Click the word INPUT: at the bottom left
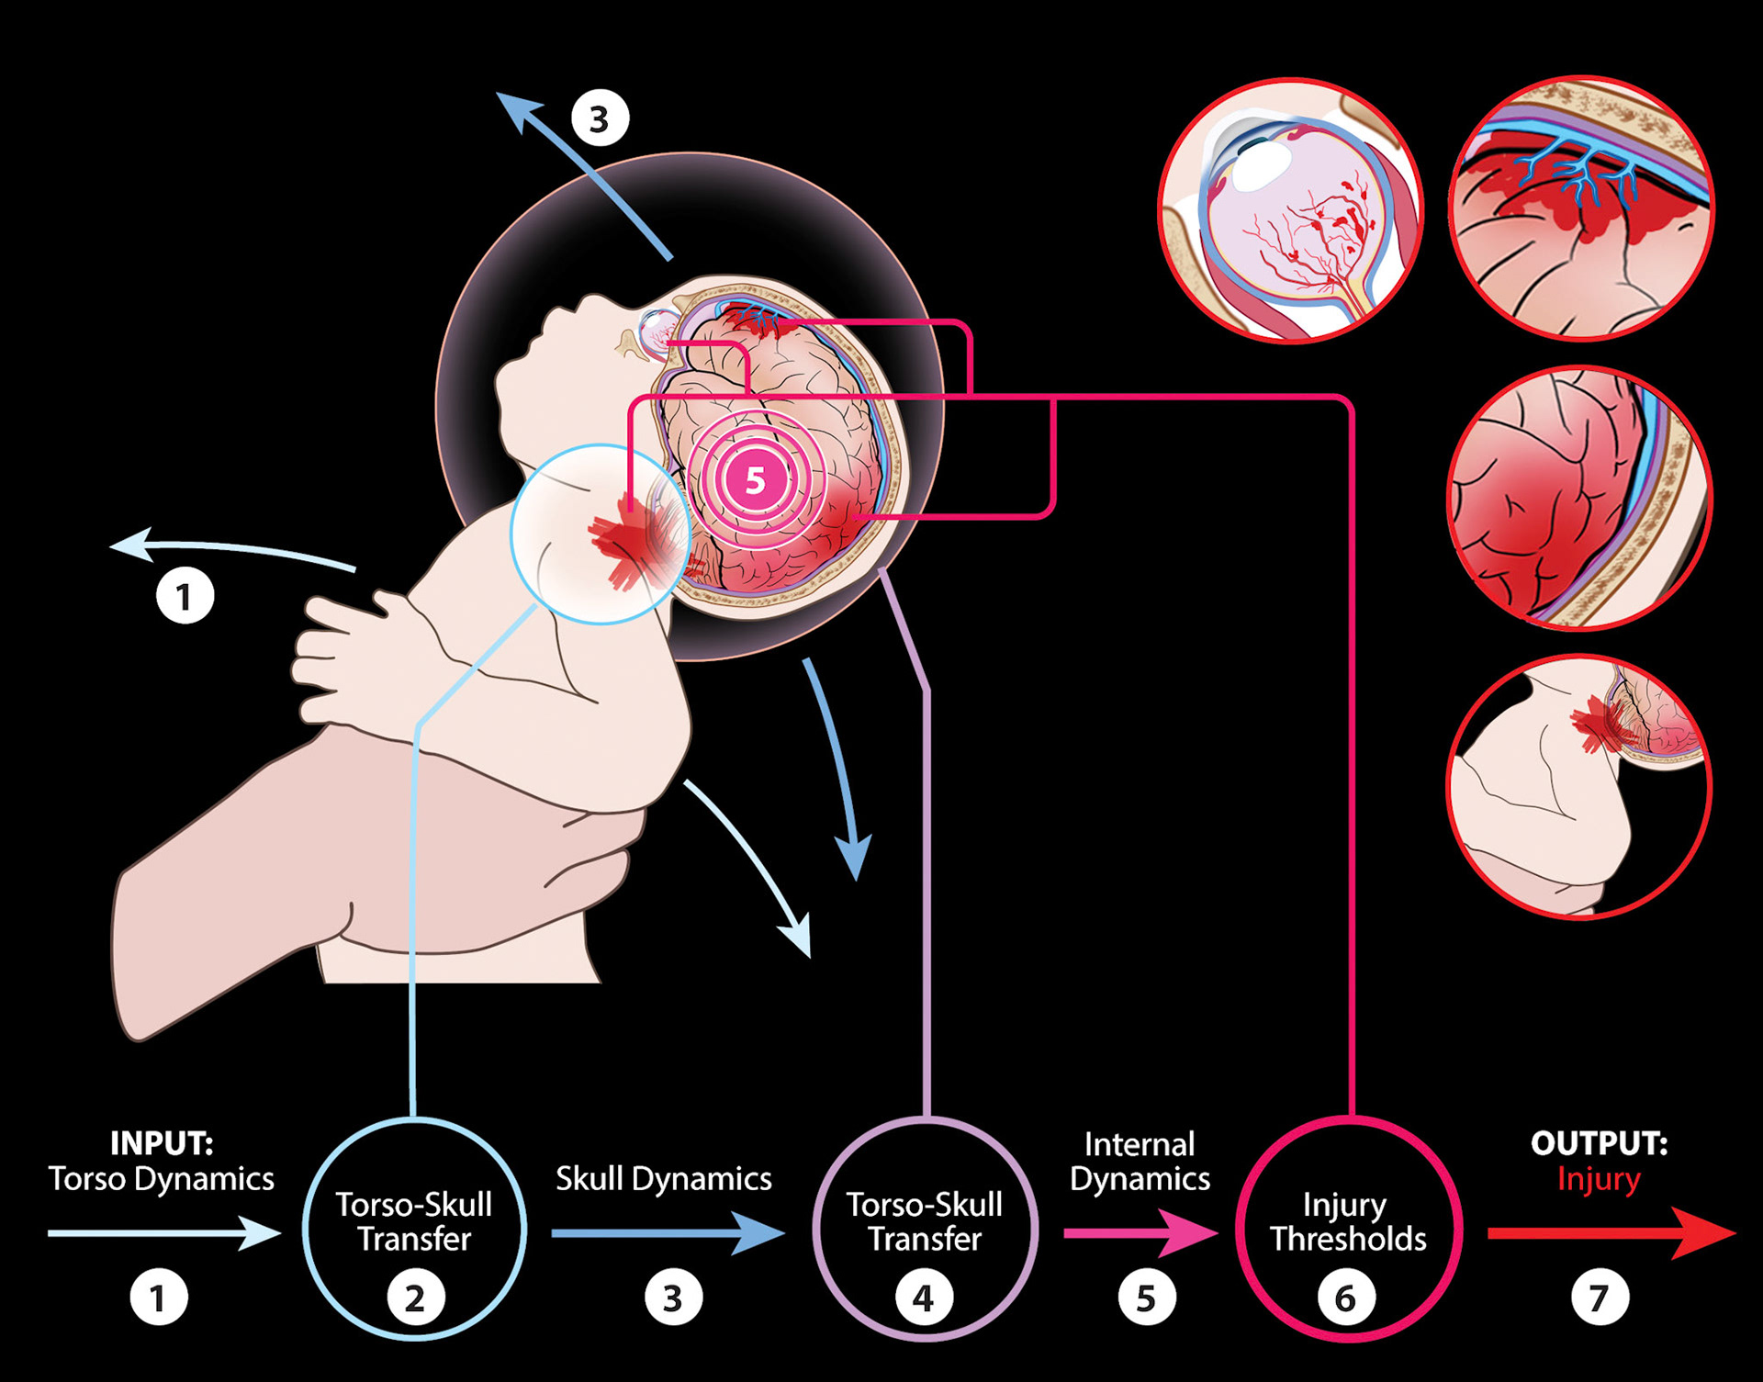[x=162, y=1143]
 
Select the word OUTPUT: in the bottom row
[x=1599, y=1143]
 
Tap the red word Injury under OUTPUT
[x=1599, y=1179]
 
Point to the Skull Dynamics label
[x=663, y=1179]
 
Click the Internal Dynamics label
[x=1140, y=1162]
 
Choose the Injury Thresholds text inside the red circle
[x=1348, y=1221]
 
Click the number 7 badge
[x=1600, y=1298]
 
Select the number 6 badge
[x=1345, y=1298]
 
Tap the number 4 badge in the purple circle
[x=924, y=1298]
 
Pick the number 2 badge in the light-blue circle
[x=415, y=1298]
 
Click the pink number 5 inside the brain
[x=755, y=479]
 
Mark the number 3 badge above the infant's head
[x=600, y=118]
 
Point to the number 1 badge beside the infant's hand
[x=185, y=597]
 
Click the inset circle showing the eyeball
[x=1291, y=210]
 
